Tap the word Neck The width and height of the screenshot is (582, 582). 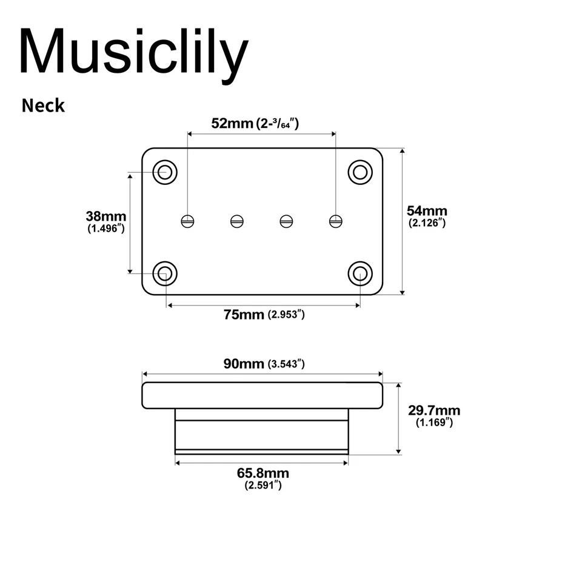point(43,105)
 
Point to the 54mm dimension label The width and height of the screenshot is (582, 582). point(427,211)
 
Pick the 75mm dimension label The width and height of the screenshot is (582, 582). point(244,314)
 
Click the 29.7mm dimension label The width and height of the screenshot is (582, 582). point(434,410)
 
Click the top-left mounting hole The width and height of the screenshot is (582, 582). point(164,172)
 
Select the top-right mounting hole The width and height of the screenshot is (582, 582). point(360,172)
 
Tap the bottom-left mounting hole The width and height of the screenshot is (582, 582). point(164,273)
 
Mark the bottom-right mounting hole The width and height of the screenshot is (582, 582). point(360,273)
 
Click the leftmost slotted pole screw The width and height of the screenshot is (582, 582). point(188,221)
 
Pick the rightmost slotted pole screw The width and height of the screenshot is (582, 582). point(335,221)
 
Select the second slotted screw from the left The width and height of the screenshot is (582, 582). point(237,221)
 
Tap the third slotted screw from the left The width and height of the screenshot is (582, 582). point(286,221)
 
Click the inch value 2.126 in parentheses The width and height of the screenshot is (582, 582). point(428,223)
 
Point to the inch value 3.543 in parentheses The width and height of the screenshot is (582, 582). point(286,364)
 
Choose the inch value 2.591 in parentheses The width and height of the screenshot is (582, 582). point(263,485)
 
